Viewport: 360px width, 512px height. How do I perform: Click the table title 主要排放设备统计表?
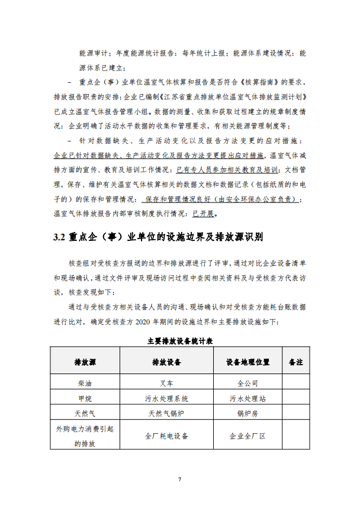180,342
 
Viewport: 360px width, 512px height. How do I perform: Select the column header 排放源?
85,362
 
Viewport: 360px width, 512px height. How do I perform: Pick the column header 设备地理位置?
247,362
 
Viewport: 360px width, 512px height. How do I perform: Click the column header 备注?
295,362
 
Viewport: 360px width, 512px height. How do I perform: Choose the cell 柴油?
85,382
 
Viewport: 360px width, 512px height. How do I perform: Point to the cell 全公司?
247,382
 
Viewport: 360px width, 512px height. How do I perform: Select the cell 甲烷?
85,398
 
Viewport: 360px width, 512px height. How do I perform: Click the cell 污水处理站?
247,398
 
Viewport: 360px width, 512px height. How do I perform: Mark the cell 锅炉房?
247,413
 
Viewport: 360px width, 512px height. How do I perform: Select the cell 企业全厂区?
247,436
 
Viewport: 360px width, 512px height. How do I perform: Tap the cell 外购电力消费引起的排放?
85,436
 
